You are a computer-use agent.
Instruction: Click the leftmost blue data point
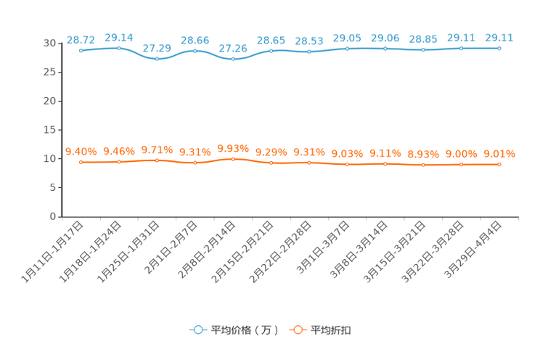tap(81, 51)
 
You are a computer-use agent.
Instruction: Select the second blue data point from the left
tap(118, 48)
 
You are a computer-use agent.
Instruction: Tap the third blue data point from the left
tap(157, 60)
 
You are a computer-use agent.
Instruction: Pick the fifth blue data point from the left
tap(233, 59)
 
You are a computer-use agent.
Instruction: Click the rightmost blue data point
tap(499, 48)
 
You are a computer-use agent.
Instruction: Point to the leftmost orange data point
tap(81, 162)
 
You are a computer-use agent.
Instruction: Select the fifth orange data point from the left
tap(233, 158)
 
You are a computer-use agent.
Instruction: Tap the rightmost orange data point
tap(499, 165)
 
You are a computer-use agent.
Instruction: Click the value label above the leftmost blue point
tap(81, 39)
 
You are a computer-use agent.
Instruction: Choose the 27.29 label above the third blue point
tap(157, 48)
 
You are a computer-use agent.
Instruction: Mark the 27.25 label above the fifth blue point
tap(233, 48)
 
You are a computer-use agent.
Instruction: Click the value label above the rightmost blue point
tap(499, 36)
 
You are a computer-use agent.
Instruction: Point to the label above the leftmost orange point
tap(81, 151)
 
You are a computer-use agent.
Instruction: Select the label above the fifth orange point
tap(233, 147)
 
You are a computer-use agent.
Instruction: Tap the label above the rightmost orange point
tap(499, 154)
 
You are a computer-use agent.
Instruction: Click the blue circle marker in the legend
tap(197, 330)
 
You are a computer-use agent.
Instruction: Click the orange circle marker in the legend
tap(297, 330)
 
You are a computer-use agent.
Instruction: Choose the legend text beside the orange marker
tap(332, 330)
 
